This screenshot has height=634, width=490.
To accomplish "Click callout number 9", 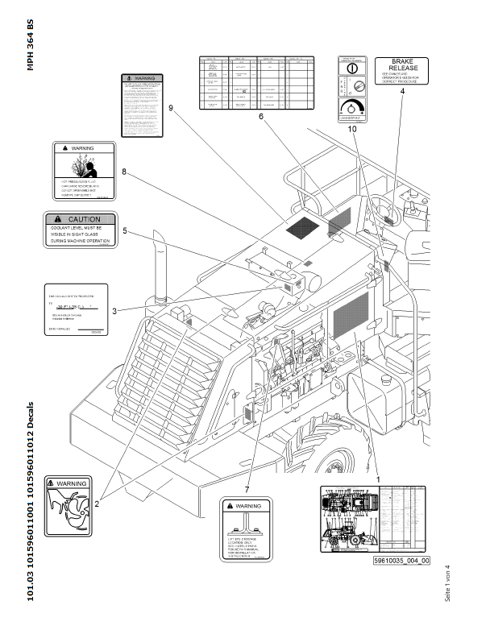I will tap(172, 106).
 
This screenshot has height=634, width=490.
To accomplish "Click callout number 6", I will tap(261, 117).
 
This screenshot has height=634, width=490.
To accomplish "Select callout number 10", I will tap(352, 129).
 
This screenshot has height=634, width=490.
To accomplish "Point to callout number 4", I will tap(401, 92).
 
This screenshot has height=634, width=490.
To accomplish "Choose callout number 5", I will tap(124, 230).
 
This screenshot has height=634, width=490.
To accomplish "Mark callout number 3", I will tap(114, 309).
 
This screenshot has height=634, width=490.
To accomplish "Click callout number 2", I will tap(97, 503).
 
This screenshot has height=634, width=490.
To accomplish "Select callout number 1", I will tap(378, 479).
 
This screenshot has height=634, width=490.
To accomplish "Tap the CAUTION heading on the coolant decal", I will tap(83, 219).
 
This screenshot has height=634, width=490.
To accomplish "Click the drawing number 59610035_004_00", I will tap(401, 561).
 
